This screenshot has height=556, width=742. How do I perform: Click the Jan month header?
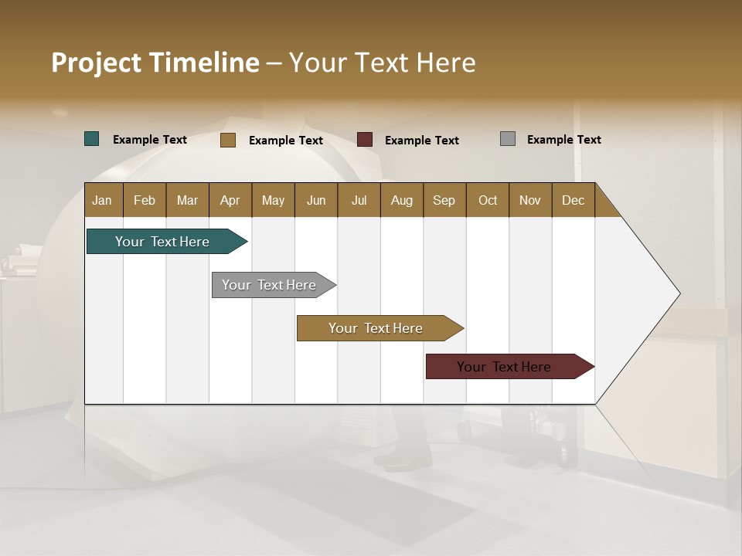tap(103, 200)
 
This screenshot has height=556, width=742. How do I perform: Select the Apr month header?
tap(230, 200)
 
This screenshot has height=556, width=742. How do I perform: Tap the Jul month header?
tap(359, 200)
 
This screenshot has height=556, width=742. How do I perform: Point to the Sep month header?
tap(444, 200)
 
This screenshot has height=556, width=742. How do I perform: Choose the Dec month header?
tap(574, 200)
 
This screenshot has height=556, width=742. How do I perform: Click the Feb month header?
tap(145, 200)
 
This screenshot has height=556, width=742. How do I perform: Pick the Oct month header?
tap(488, 200)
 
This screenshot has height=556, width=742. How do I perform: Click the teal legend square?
tap(92, 139)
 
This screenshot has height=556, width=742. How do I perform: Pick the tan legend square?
tap(228, 140)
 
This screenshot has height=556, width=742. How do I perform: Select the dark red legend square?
tap(365, 140)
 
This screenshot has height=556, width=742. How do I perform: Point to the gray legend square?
tap(508, 139)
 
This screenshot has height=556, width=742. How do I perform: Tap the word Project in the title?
tap(95, 63)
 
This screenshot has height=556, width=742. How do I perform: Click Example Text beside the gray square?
tap(563, 140)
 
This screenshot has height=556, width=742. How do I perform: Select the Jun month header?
tap(316, 200)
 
